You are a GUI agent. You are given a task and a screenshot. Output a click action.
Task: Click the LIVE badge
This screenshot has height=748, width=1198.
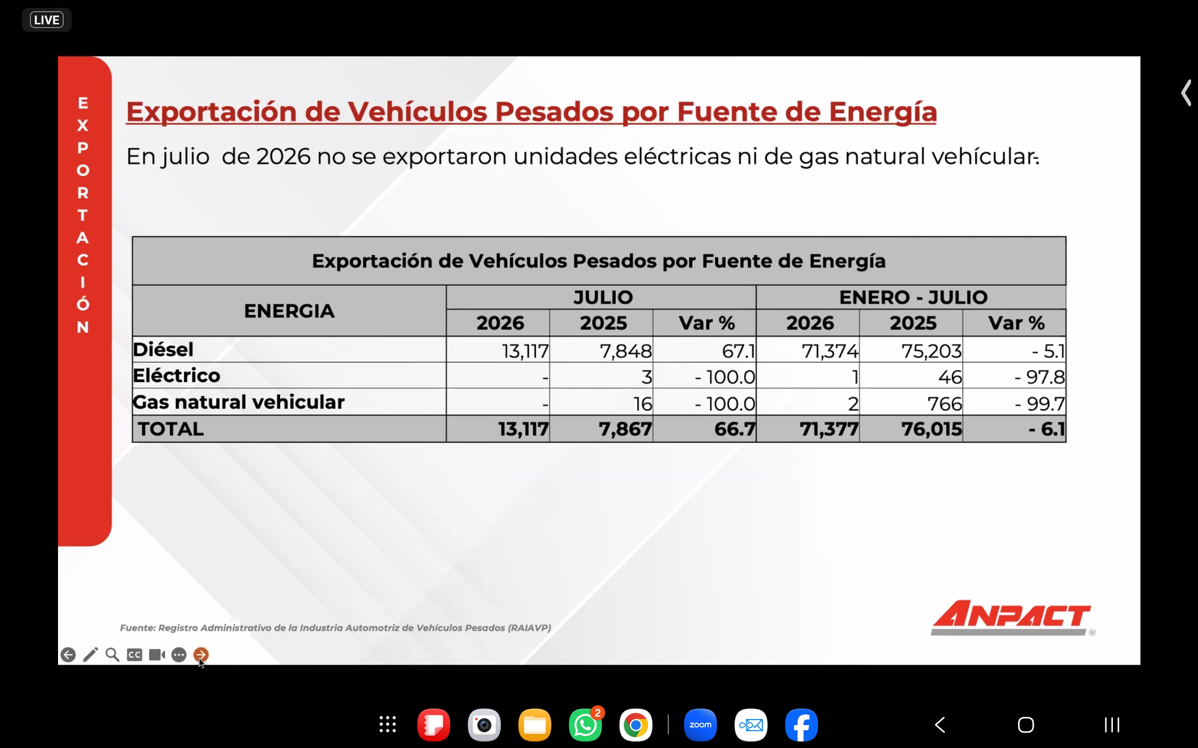(x=46, y=20)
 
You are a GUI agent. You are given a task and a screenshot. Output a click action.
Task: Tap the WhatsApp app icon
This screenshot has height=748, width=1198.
(x=585, y=725)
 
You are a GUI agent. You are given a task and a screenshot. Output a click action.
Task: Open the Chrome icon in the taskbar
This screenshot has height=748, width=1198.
(x=636, y=725)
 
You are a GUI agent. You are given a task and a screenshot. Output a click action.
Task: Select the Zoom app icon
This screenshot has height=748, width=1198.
(x=700, y=725)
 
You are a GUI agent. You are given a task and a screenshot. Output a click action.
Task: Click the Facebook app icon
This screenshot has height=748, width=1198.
(x=801, y=725)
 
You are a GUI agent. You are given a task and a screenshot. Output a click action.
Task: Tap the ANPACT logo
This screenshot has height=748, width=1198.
(x=1011, y=618)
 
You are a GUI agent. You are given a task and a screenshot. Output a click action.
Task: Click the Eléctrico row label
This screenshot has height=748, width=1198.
(x=177, y=375)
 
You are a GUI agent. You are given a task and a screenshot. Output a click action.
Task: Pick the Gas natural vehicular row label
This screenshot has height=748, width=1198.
(x=239, y=402)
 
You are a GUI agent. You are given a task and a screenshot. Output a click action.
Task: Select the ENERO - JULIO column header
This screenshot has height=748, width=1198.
(x=913, y=297)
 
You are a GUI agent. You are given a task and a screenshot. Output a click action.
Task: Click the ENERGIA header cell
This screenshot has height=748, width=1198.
(x=290, y=311)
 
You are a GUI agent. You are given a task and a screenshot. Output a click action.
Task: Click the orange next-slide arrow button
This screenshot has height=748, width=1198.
(x=201, y=654)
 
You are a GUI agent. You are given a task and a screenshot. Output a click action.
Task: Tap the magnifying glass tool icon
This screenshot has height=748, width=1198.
(x=112, y=654)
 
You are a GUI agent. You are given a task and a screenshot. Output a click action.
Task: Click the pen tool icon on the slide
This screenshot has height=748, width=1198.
(x=90, y=654)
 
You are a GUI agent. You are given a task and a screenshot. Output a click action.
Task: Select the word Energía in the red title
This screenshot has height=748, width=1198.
(x=883, y=112)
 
